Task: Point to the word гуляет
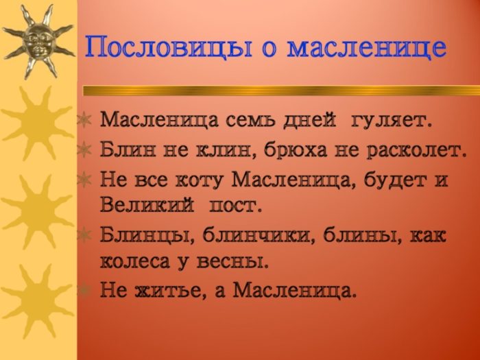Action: [392, 121]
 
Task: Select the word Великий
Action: [143, 204]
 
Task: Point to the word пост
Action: [235, 204]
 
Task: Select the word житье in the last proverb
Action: [171, 291]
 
